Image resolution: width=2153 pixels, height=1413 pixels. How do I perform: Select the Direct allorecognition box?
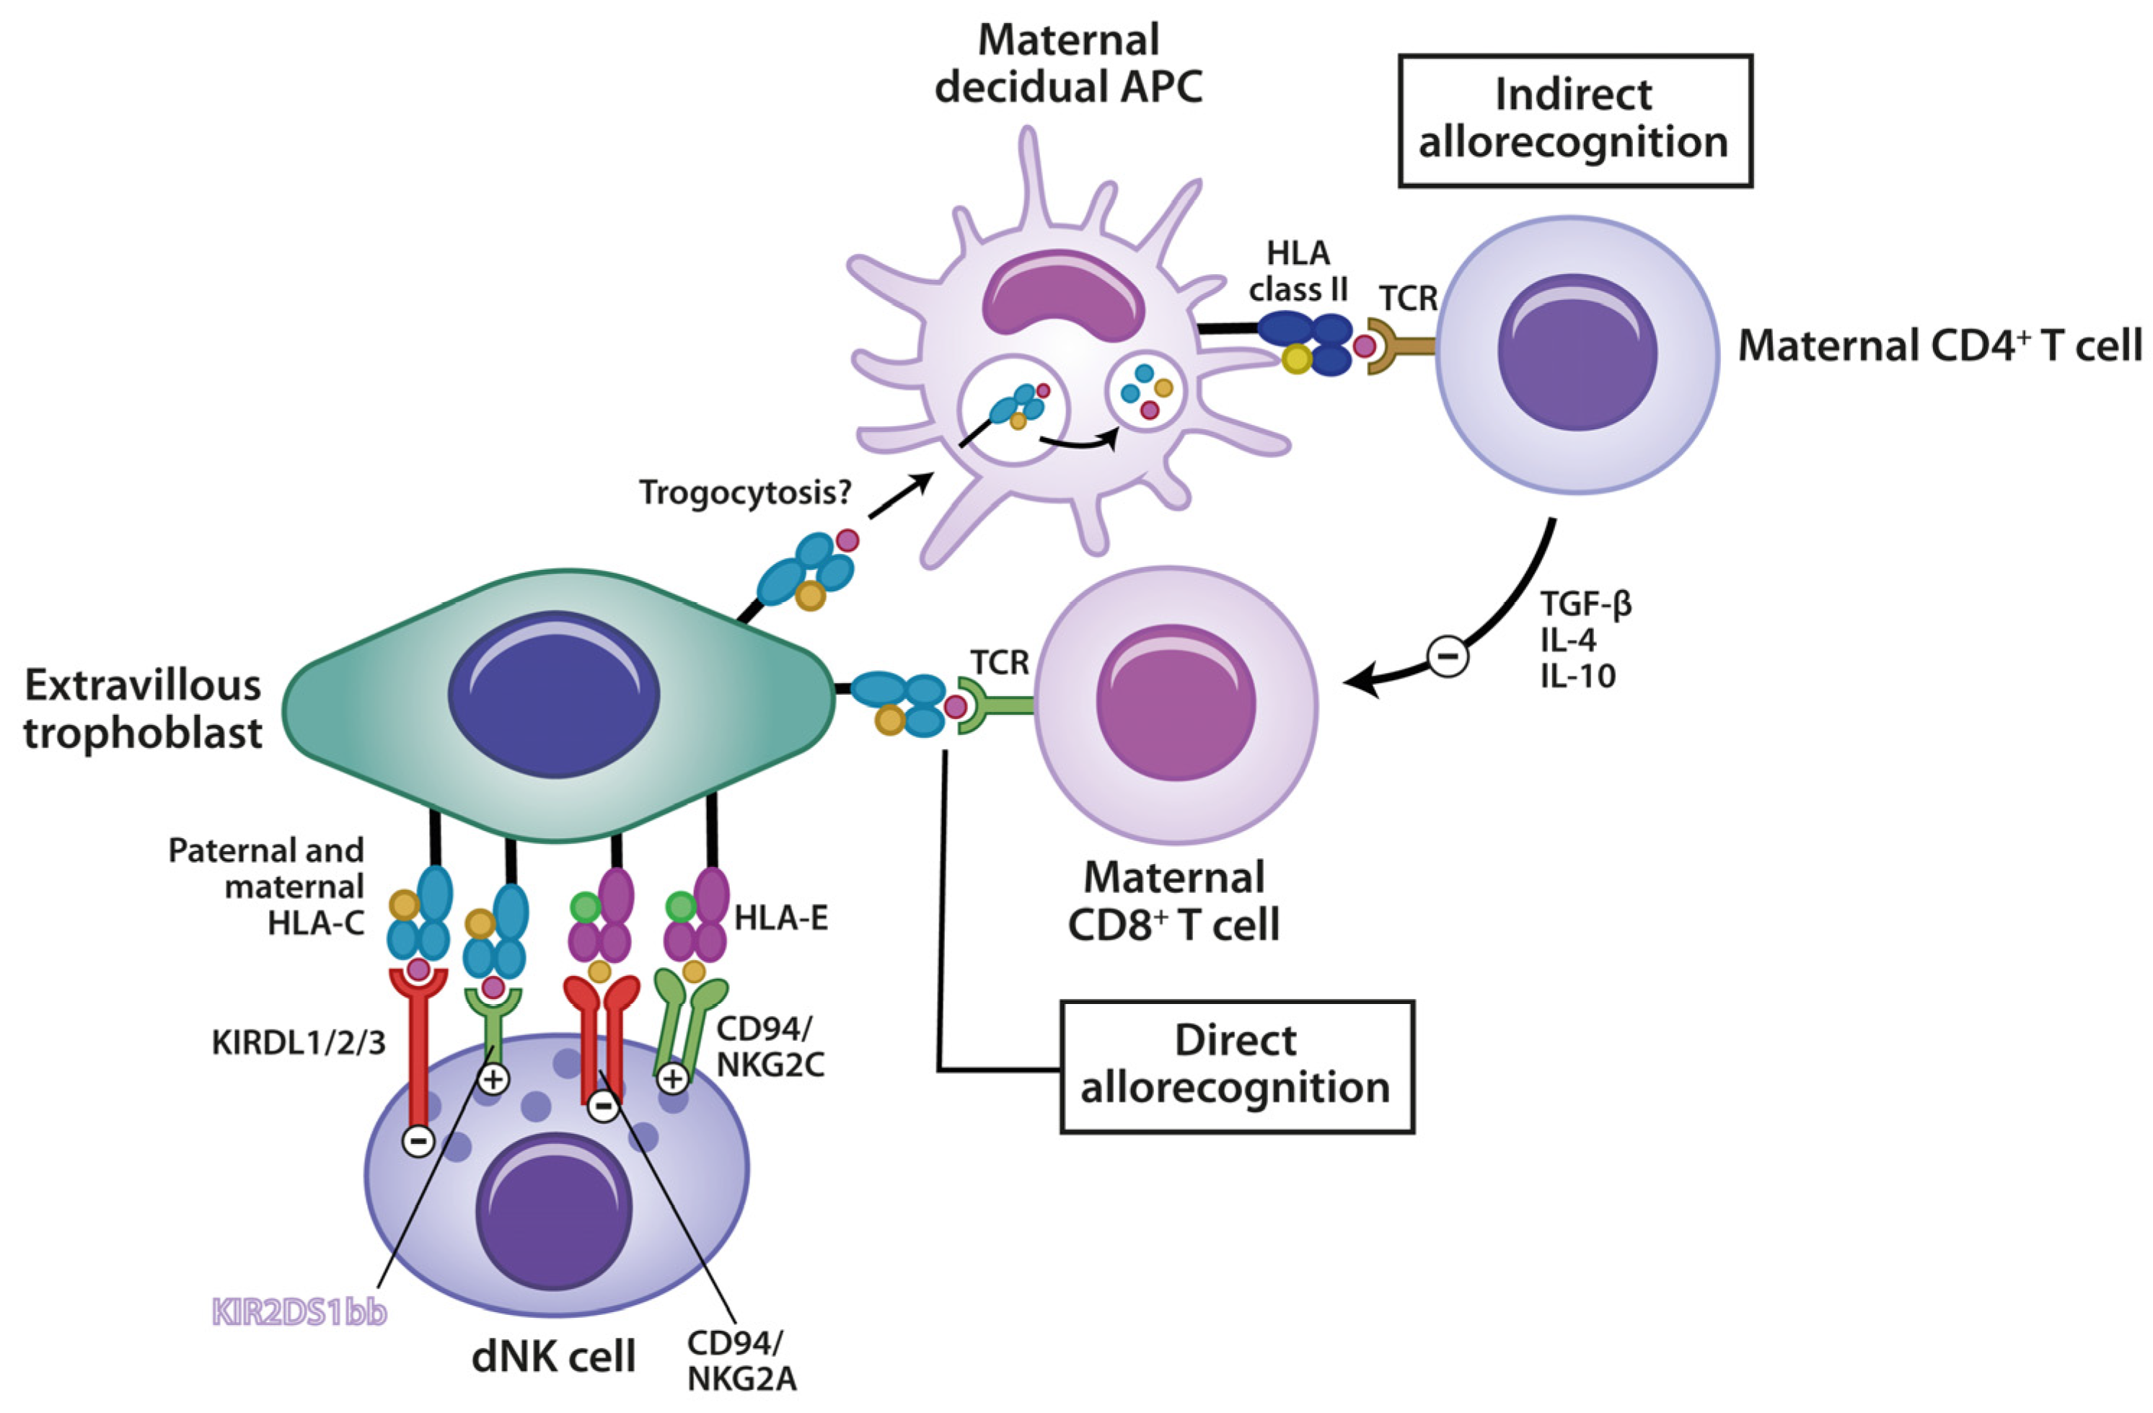coord(1236,1067)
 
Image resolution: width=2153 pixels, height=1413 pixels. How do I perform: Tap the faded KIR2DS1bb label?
coord(299,1313)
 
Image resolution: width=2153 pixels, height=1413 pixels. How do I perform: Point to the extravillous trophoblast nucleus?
coord(554,694)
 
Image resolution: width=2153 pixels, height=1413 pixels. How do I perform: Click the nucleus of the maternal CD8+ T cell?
coord(1175,702)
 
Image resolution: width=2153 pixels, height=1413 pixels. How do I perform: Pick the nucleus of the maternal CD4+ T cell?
coord(1577,352)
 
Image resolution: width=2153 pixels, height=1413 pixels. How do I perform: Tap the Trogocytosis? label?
coord(745,493)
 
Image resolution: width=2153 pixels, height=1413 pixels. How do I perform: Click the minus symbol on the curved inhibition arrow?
coord(1448,655)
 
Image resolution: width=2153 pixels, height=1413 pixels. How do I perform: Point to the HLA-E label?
coord(780,919)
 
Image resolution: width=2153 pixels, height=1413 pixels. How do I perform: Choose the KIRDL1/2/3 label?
coord(299,1043)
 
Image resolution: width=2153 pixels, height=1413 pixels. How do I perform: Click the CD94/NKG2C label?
coord(770,1047)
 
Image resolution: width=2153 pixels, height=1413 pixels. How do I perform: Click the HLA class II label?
coord(1298,271)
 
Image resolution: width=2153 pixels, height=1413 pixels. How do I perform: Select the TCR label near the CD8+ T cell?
coord(1000,663)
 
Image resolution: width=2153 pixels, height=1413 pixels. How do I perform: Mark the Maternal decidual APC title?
coord(1068,64)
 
